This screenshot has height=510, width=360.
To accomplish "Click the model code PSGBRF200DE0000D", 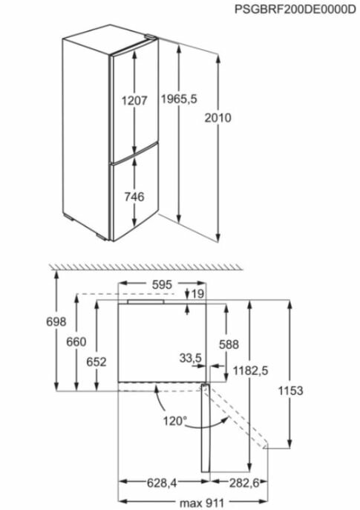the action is tap(295, 9).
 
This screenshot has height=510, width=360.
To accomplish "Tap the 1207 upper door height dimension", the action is tap(134, 100).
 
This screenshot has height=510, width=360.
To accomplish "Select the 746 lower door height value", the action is tap(134, 197).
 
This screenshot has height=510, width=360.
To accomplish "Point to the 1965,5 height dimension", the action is tap(179, 99).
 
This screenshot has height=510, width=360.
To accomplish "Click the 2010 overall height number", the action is tap(217, 117).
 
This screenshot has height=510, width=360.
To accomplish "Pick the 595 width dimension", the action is tap(162, 284).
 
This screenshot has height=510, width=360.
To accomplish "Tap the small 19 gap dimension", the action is tap(197, 294).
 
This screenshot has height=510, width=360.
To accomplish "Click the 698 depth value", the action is tap(56, 321).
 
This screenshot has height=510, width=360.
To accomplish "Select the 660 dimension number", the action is tap(76, 341).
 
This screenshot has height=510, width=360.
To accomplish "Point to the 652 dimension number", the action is tap(96, 362).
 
